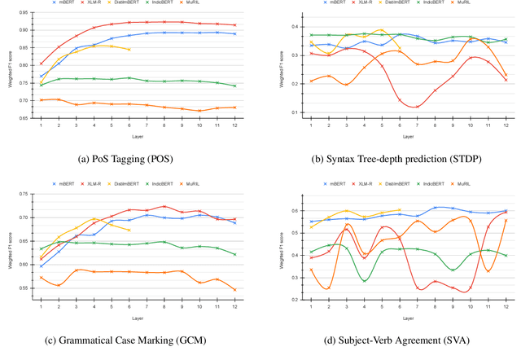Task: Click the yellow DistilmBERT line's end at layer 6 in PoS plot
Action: click(x=129, y=49)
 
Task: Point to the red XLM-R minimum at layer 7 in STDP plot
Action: click(x=418, y=107)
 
